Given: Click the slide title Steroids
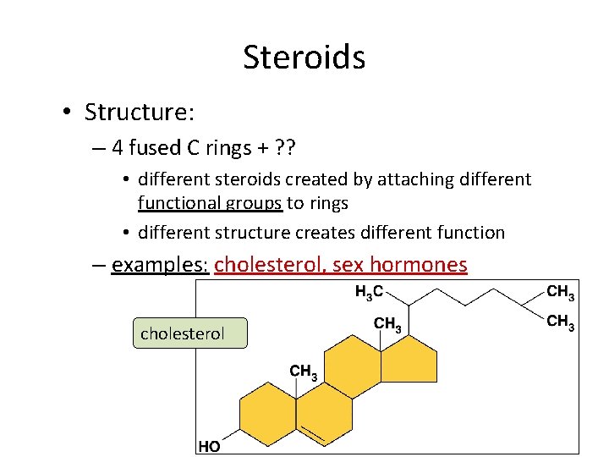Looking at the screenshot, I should tap(304, 58).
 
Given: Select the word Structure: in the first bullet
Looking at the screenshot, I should tap(139, 112).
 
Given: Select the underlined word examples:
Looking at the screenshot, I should tap(160, 265).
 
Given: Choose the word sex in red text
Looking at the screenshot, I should tap(348, 265).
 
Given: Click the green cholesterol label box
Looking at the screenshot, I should tap(189, 333).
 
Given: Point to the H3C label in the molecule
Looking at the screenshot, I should tap(369, 292).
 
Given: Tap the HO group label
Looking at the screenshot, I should tap(210, 446).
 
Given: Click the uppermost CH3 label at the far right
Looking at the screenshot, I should tap(561, 292).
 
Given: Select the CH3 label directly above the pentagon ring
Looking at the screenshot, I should tap(387, 323).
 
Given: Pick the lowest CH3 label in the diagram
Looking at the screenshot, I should tap(304, 371).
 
